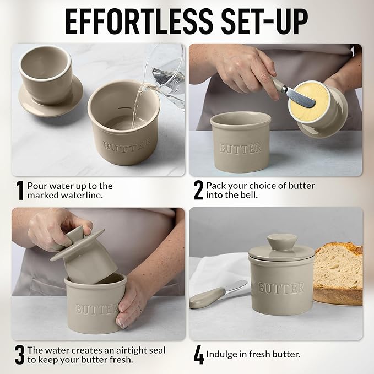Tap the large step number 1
click(19, 191)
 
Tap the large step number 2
click(198, 191)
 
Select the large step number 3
click(19, 355)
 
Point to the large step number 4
click(198, 355)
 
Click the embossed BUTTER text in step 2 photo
click(241, 149)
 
